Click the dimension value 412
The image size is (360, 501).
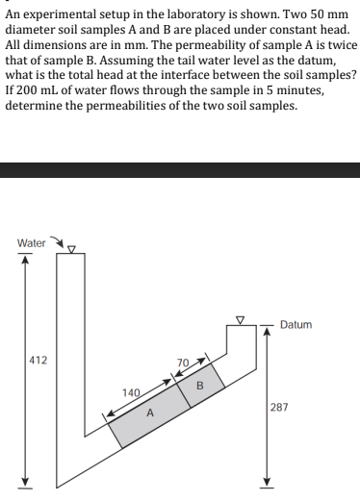[x=28, y=363]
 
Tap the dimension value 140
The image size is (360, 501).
[x=132, y=391]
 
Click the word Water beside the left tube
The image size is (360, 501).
[x=31, y=243]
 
